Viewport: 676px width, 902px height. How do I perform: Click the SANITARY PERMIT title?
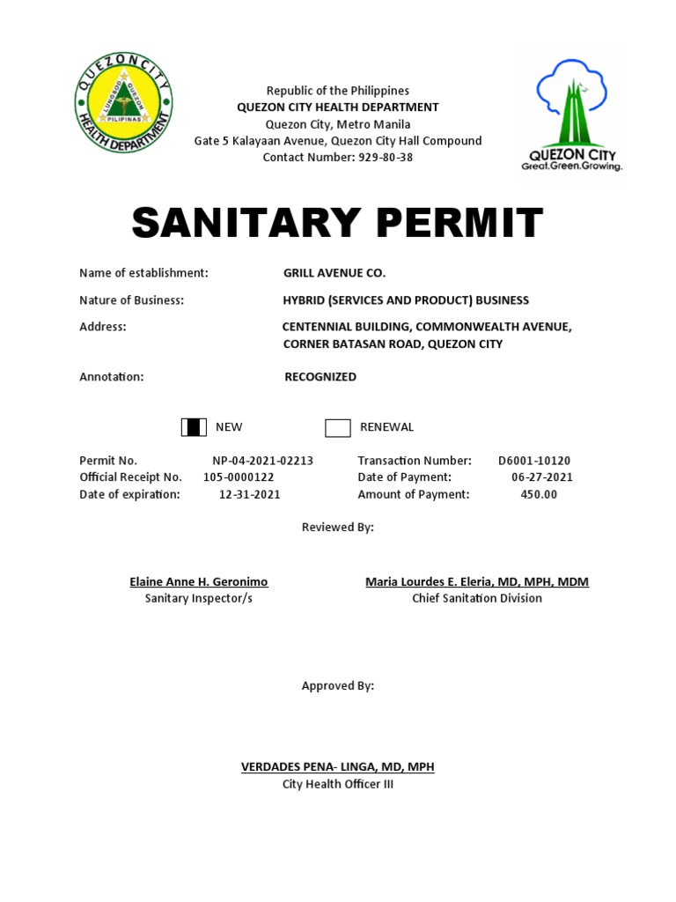[x=337, y=224]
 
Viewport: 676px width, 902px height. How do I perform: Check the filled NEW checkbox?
[x=194, y=427]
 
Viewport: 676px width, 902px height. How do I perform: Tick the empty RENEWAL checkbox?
[x=338, y=428]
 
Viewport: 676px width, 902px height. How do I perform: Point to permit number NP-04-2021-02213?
[x=262, y=461]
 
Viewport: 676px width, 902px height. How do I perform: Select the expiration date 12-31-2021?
[x=249, y=494]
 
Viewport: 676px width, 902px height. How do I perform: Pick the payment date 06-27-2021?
[x=541, y=477]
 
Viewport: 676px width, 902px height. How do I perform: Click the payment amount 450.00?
[x=539, y=494]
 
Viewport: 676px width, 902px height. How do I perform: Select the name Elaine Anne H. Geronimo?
[x=198, y=582]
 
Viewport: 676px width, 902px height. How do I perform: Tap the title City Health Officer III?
[x=337, y=784]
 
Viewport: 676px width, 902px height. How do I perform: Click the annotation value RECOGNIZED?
[x=320, y=377]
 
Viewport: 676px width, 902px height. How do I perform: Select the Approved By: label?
[x=337, y=686]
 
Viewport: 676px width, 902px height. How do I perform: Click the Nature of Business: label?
[x=131, y=300]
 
